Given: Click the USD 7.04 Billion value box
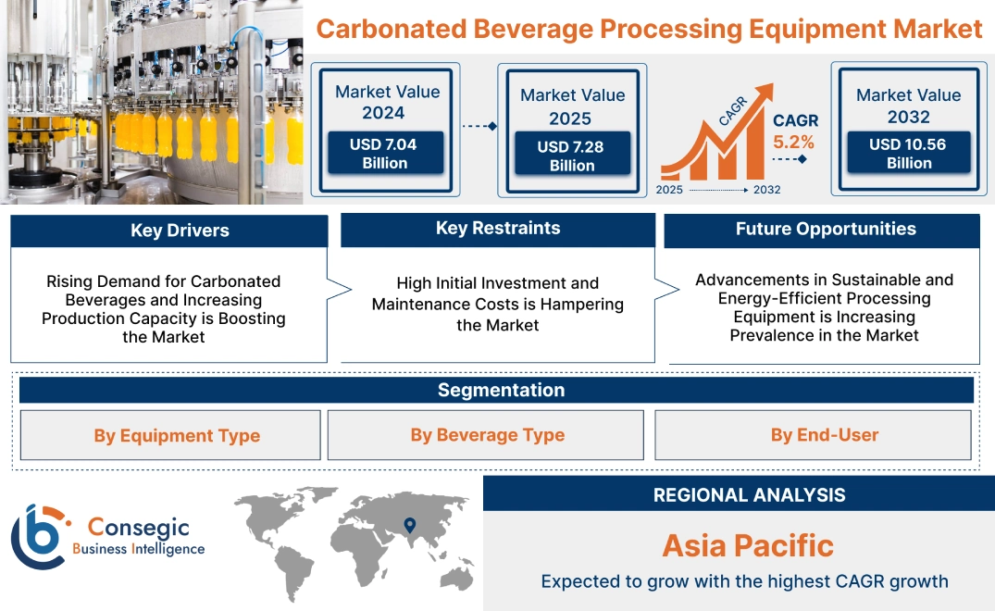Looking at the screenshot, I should click(x=383, y=154).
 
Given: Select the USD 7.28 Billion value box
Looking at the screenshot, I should click(x=572, y=156).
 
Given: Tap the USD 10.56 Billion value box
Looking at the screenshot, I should click(x=908, y=154).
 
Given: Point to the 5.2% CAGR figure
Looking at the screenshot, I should click(x=794, y=143).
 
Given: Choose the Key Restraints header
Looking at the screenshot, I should click(x=498, y=229).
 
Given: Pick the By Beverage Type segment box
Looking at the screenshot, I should click(x=487, y=435).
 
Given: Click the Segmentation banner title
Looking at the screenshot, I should click(x=501, y=390).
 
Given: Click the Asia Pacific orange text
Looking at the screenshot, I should click(x=748, y=545).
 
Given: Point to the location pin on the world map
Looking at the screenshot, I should click(x=408, y=527).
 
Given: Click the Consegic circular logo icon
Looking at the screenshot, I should click(x=39, y=537).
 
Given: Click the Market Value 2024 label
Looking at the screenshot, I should click(x=387, y=102).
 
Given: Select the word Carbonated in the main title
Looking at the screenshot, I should click(x=391, y=29).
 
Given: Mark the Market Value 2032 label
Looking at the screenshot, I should click(x=908, y=106).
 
